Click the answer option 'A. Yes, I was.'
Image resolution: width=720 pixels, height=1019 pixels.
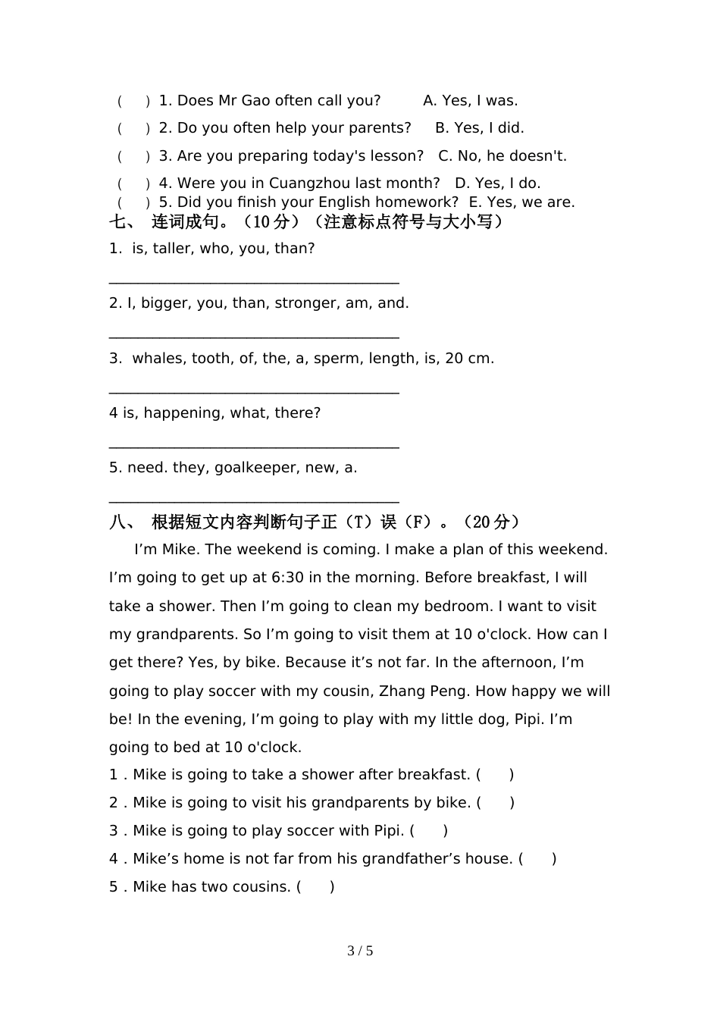click(x=470, y=101)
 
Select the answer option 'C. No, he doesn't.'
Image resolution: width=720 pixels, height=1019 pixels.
click(x=502, y=156)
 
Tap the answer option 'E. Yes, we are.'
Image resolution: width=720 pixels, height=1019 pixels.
click(x=521, y=202)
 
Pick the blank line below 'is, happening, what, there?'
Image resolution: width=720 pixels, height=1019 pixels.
click(x=254, y=447)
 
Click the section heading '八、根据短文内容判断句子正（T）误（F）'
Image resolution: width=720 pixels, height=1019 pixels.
click(x=315, y=522)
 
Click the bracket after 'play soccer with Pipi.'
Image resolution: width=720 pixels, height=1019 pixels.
click(x=429, y=831)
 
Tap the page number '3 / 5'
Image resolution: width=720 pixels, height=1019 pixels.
click(x=360, y=951)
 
